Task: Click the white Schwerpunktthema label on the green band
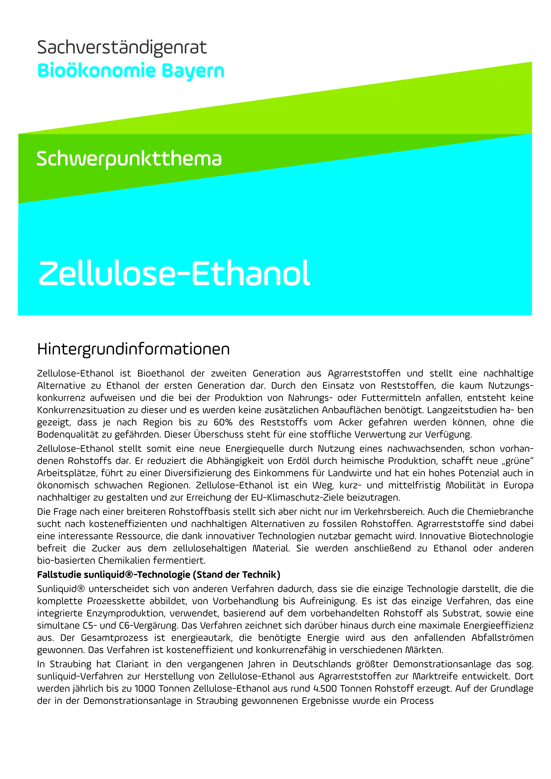click(x=129, y=159)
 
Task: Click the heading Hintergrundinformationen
click(x=133, y=349)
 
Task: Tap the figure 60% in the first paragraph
click(x=223, y=422)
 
